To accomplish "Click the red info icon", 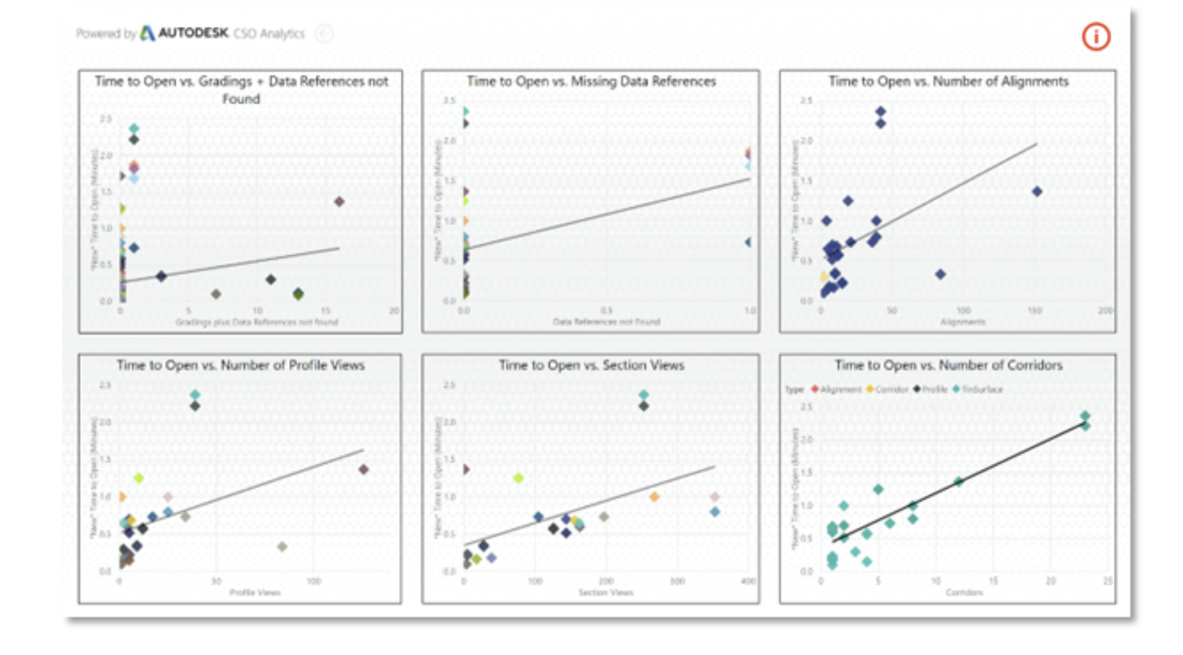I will (x=1096, y=37).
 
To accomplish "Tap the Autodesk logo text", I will (x=192, y=33).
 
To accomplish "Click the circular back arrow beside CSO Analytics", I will (x=324, y=33).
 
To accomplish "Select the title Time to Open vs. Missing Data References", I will (x=591, y=82).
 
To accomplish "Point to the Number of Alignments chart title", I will (x=948, y=82).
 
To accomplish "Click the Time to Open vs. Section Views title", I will (x=591, y=365).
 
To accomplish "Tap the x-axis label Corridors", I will (x=964, y=592).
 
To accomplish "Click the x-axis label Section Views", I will (x=606, y=592).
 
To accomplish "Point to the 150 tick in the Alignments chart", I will (x=1034, y=310).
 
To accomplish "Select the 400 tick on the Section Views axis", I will (x=748, y=581).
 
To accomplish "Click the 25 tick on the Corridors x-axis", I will (x=1108, y=581).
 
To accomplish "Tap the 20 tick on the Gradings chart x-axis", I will (x=393, y=310).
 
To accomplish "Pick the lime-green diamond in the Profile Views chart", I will (x=139, y=478).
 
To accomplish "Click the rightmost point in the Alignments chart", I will (x=1037, y=192).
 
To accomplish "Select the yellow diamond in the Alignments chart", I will (x=824, y=277).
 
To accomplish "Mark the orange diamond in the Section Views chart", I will (x=654, y=497).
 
